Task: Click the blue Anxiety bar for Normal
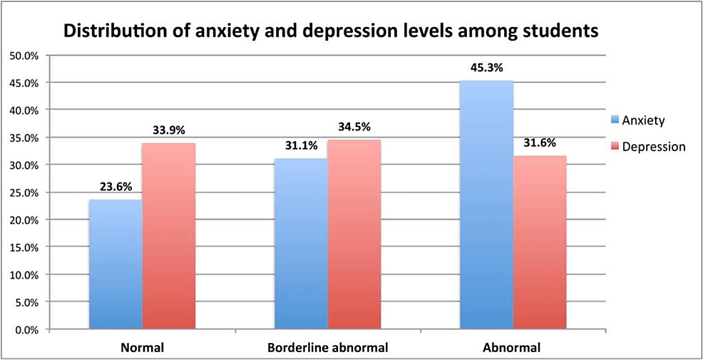(116, 264)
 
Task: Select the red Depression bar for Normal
(169, 237)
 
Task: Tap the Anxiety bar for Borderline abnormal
(301, 244)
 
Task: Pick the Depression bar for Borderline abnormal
(354, 235)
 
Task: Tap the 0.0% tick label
(24, 329)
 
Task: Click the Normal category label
(143, 348)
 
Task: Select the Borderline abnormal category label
(328, 348)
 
